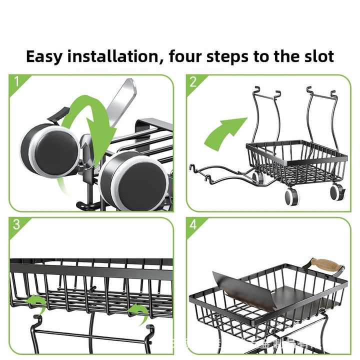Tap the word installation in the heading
tap(113, 56)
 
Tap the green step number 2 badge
tap(193, 82)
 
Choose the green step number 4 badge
tap(193, 224)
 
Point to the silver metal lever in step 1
tap(122, 100)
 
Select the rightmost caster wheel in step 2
tap(336, 192)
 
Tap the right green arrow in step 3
tap(137, 310)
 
